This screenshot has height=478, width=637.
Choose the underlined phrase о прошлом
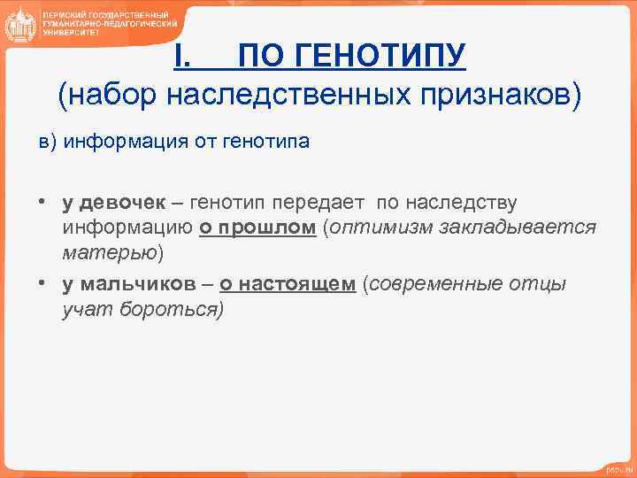click(257, 227)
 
